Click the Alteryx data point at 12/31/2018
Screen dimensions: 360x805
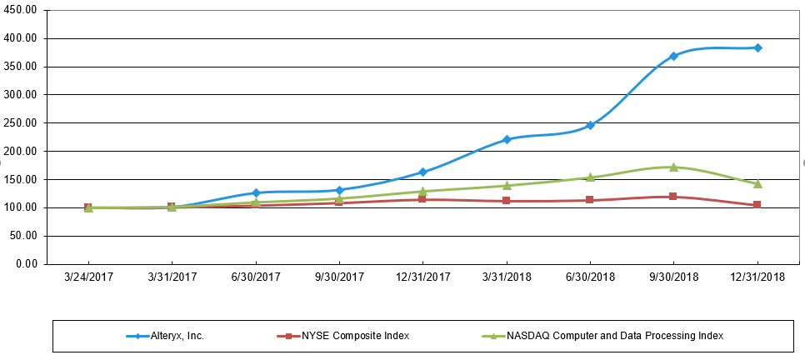coord(757,47)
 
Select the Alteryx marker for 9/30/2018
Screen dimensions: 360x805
coord(673,56)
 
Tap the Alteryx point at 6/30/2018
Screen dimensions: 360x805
coord(590,125)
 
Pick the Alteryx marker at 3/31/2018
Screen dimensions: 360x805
coord(507,139)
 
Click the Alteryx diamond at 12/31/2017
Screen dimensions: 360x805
coord(422,172)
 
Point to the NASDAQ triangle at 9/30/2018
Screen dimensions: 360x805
coord(673,167)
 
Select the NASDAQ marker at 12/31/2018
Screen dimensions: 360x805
coord(757,183)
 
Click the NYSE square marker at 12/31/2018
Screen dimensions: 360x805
coord(757,204)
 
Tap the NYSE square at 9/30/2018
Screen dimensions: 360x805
coord(673,197)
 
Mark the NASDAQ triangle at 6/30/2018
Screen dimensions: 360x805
coord(590,177)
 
